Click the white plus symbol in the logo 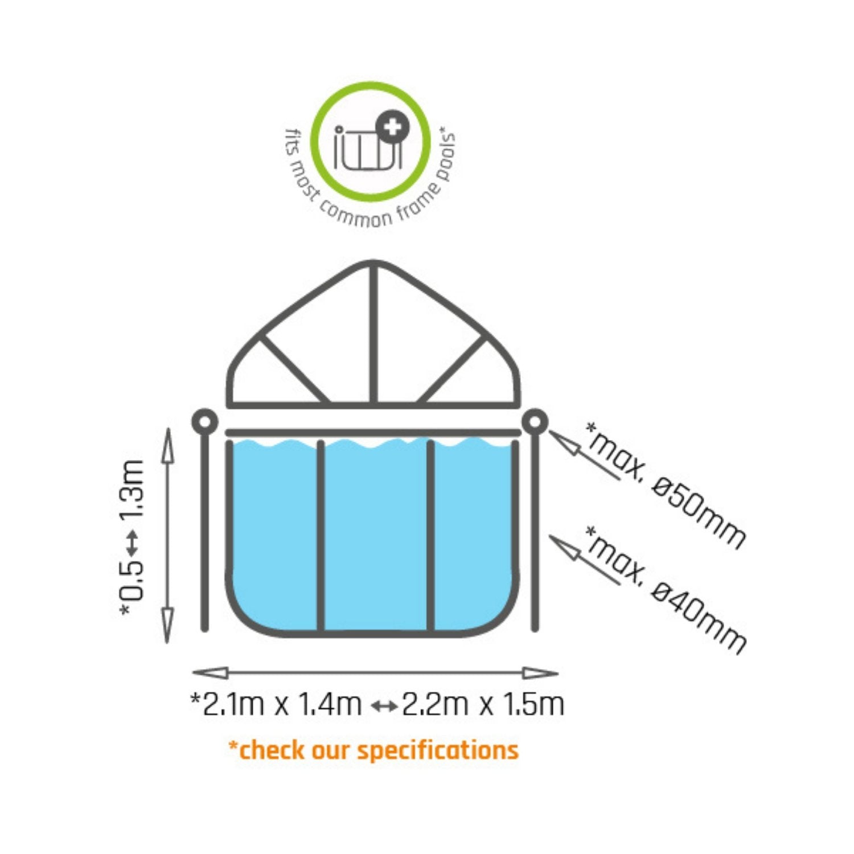tap(392, 128)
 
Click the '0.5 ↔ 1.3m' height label tap(132, 537)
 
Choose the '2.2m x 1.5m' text tap(483, 705)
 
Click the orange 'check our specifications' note tap(373, 750)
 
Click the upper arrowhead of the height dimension tap(167, 444)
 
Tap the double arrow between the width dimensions tap(383, 707)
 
